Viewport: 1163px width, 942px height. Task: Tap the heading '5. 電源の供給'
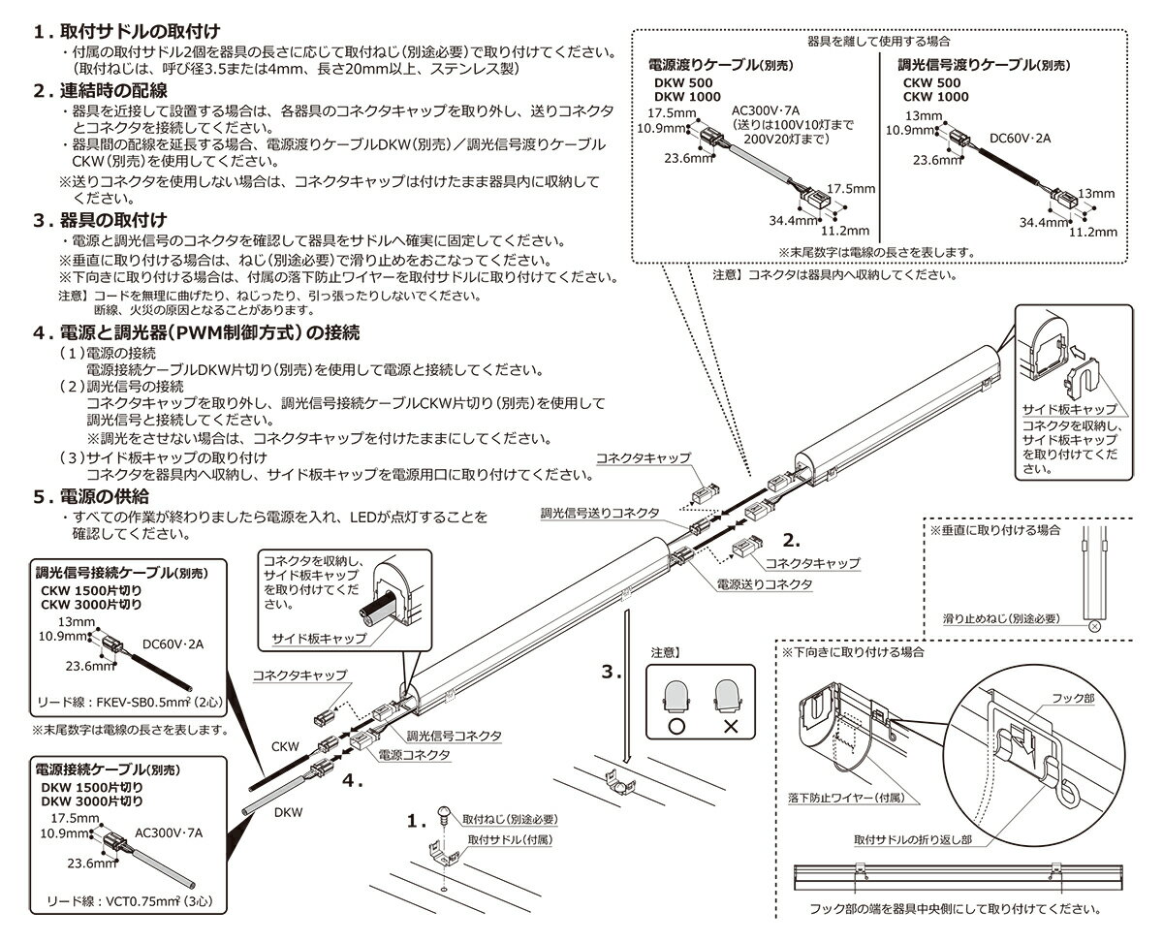tap(109, 496)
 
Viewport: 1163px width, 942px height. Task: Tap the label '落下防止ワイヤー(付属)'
tap(845, 797)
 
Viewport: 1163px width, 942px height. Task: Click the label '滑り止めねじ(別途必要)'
tap(1001, 617)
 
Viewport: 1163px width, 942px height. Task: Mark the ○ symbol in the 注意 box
tap(677, 723)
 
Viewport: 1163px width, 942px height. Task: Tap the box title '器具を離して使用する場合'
tap(878, 43)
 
